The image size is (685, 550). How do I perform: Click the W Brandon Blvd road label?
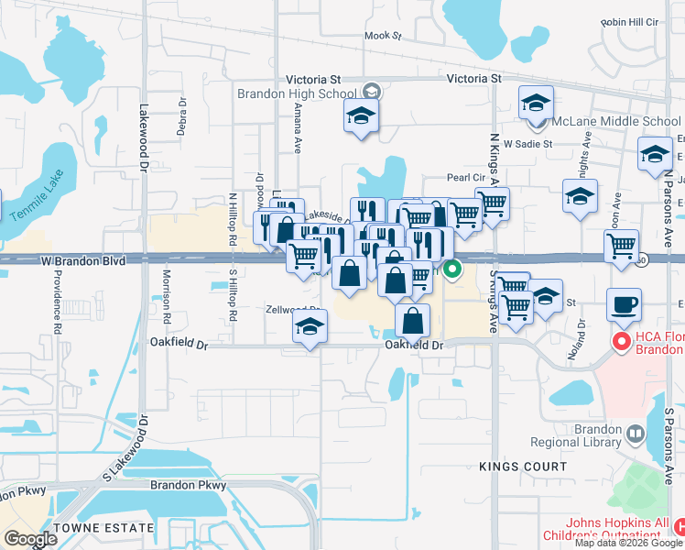click(83, 261)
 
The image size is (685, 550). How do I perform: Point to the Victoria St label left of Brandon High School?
click(314, 79)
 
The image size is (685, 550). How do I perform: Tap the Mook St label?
click(383, 37)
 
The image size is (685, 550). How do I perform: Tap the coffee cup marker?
click(625, 304)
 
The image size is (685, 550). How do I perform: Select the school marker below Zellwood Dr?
click(310, 325)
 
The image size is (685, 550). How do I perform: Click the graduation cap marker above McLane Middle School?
click(536, 103)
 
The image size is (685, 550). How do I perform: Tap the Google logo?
click(30, 539)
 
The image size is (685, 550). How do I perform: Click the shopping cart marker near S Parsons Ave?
click(622, 246)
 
